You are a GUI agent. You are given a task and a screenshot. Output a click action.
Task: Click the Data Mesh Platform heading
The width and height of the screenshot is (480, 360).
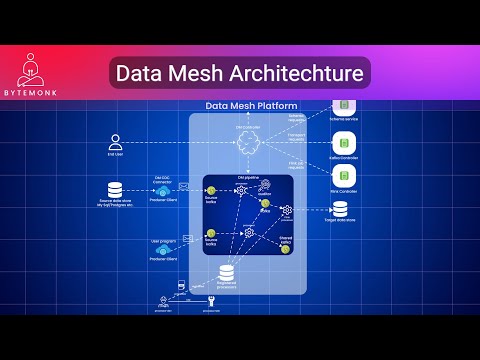[247, 105]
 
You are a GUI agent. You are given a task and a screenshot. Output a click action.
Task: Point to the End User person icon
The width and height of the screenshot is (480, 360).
[116, 141]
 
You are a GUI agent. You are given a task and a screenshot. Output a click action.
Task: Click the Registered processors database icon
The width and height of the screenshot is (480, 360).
[226, 272]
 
